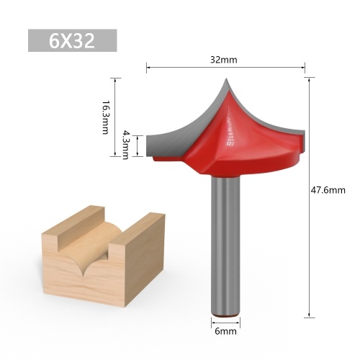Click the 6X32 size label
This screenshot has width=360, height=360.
(72, 40)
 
